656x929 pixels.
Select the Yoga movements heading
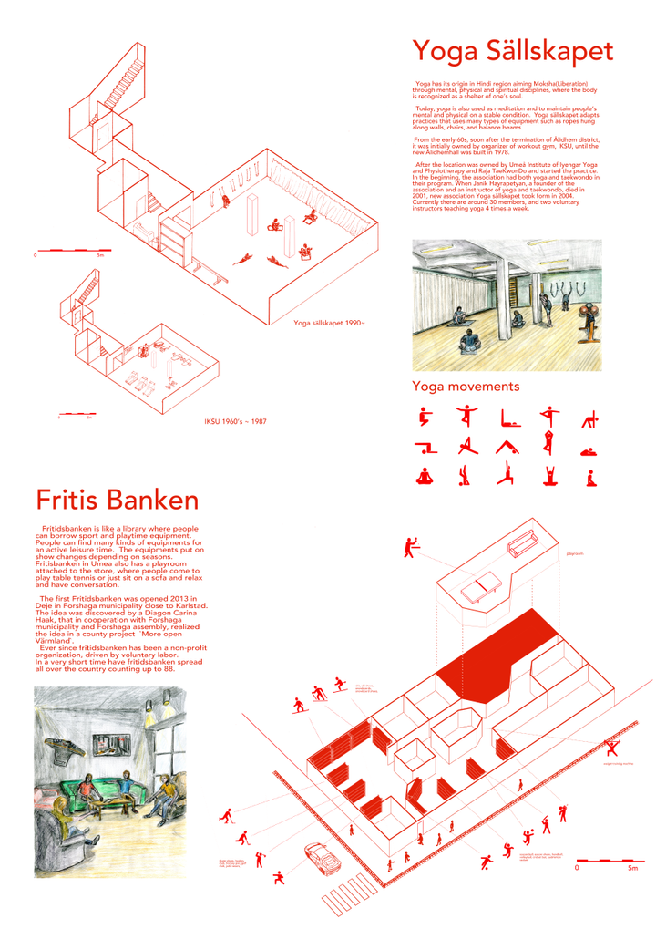click(x=466, y=387)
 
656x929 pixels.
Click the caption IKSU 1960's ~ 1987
click(x=236, y=421)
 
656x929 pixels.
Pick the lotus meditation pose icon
click(x=423, y=475)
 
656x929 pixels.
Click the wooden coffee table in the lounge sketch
click(x=113, y=809)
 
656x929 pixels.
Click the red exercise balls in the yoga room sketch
click(x=587, y=321)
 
